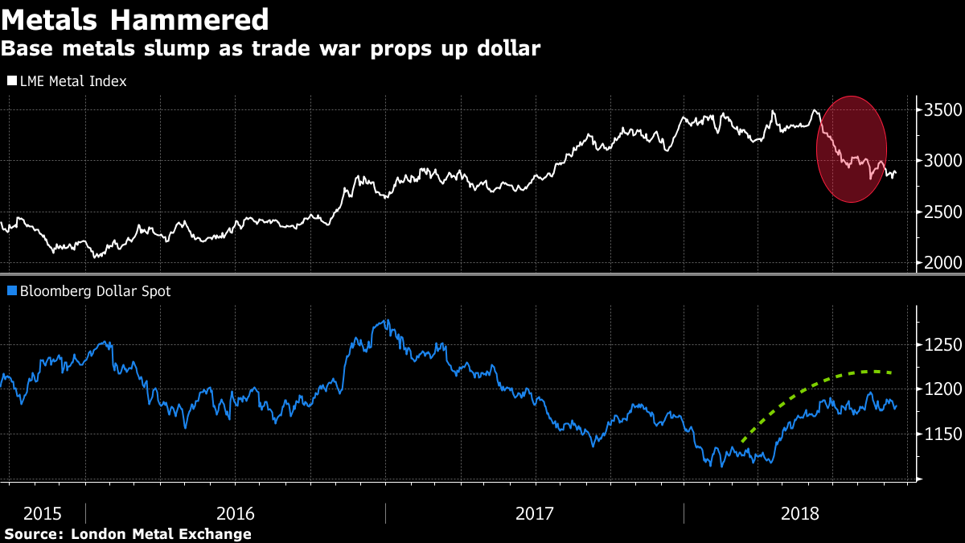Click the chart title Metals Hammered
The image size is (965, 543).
[135, 19]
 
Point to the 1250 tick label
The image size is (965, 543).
[942, 345]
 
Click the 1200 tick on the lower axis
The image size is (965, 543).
[942, 390]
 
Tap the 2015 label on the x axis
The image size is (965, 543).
[42, 512]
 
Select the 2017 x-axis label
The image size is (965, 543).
[535, 512]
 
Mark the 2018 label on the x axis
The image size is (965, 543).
[800, 512]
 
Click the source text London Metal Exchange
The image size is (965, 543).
[161, 534]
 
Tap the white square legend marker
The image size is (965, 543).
[11, 81]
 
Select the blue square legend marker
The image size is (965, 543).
[11, 292]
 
